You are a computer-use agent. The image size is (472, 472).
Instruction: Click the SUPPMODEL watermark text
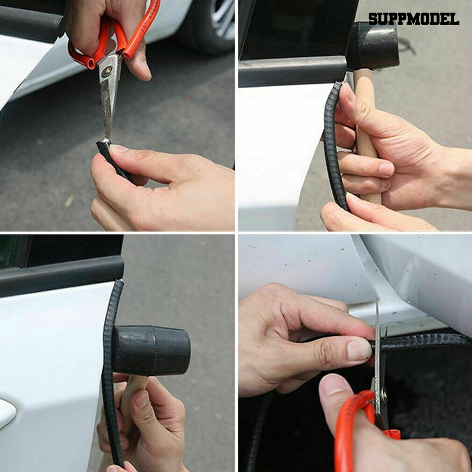coord(414,19)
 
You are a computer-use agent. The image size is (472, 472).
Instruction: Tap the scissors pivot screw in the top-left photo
coord(107,71)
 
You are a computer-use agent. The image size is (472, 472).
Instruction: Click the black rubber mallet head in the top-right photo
coord(373,46)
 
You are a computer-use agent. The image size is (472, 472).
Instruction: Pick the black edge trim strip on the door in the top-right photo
coord(334,144)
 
